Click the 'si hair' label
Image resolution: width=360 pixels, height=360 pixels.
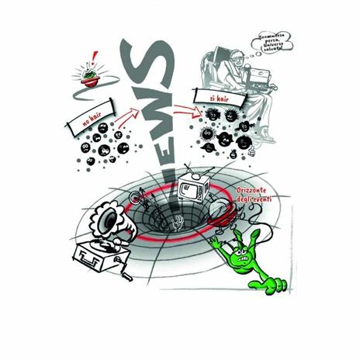(204, 96)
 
